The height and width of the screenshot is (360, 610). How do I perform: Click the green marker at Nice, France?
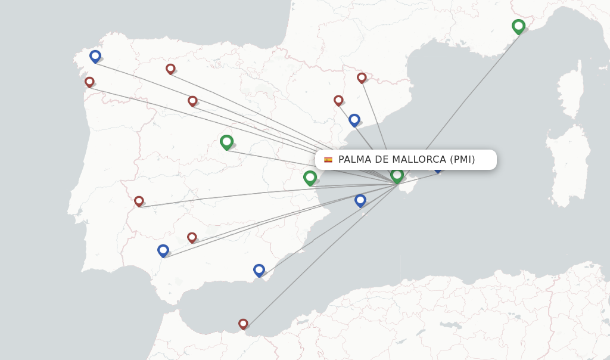point(518,26)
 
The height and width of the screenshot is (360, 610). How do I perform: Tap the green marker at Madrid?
point(226,142)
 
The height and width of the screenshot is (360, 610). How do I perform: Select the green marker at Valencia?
point(310,177)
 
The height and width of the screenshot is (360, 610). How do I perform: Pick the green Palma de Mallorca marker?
point(397,175)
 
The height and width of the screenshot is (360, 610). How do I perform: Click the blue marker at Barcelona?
point(354,120)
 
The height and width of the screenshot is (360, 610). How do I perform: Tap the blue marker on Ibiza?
point(360,200)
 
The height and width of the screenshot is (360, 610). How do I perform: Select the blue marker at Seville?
point(163,250)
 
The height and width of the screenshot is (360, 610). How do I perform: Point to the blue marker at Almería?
point(259,270)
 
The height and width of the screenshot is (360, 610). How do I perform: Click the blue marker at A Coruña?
point(95,56)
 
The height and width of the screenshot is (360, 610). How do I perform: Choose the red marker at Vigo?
point(89,82)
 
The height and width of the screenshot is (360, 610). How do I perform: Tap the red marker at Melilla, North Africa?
point(243,324)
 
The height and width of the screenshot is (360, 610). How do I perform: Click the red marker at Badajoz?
point(139,201)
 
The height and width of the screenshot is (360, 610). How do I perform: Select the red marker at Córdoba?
point(192,237)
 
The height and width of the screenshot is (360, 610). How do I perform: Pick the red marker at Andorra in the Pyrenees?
point(362,77)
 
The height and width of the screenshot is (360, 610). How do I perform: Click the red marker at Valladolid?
point(192,101)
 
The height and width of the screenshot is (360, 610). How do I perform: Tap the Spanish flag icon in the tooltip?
point(328,160)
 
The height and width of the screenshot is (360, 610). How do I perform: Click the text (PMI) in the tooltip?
point(462,160)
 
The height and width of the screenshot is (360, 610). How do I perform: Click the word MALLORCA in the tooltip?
point(419,160)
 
